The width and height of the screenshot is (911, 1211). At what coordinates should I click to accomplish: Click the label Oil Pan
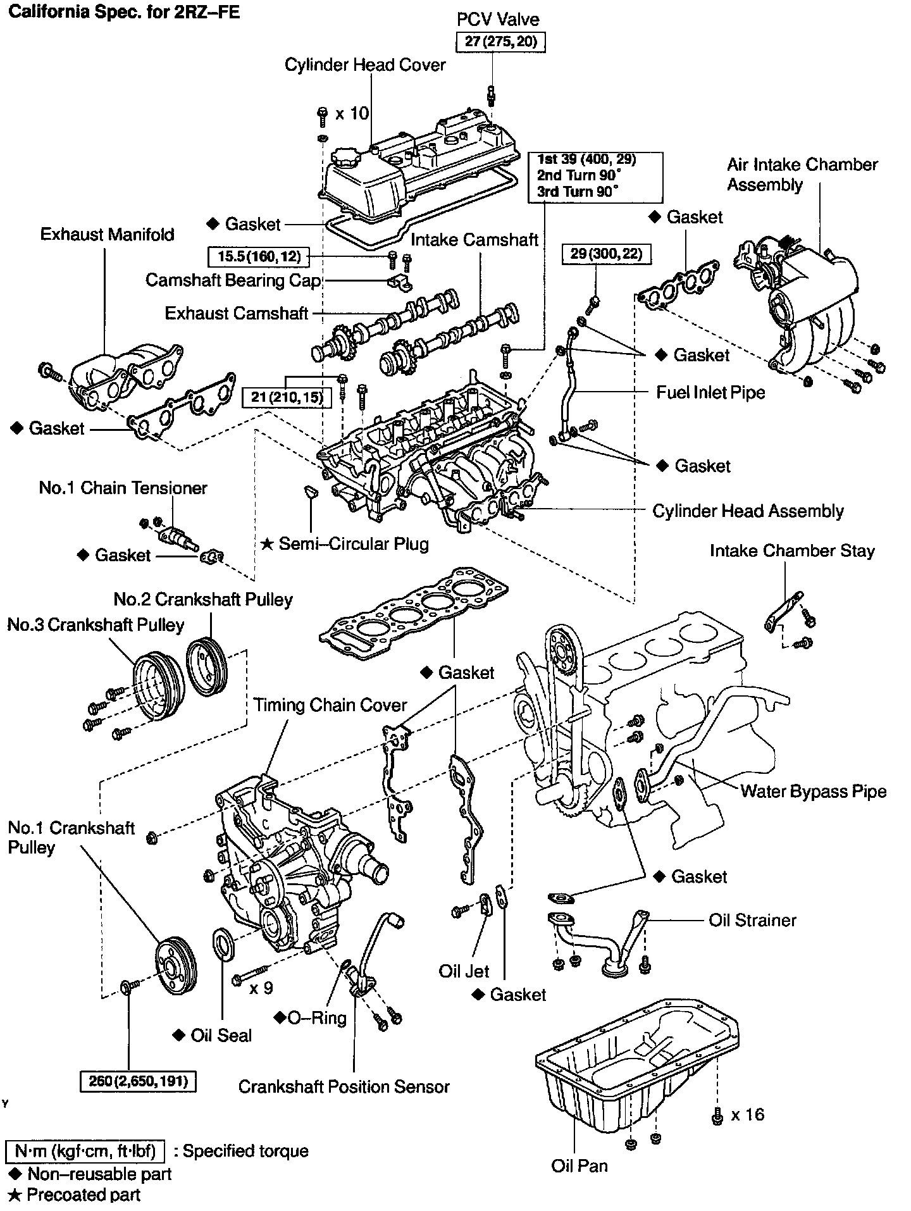click(579, 1165)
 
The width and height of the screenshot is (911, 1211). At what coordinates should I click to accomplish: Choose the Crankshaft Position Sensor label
click(344, 1086)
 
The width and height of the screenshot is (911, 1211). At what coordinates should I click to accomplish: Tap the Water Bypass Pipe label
click(813, 791)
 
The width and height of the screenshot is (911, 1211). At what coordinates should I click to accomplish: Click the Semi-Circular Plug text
click(353, 543)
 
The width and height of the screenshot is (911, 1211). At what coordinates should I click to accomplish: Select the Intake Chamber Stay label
click(792, 550)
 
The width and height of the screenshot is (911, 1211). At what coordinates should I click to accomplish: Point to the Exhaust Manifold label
click(107, 234)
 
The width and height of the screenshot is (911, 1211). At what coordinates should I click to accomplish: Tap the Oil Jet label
click(464, 971)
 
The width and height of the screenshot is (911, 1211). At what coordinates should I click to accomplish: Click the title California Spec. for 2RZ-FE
click(124, 12)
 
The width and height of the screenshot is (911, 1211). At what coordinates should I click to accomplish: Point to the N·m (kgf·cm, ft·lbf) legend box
click(85, 1150)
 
